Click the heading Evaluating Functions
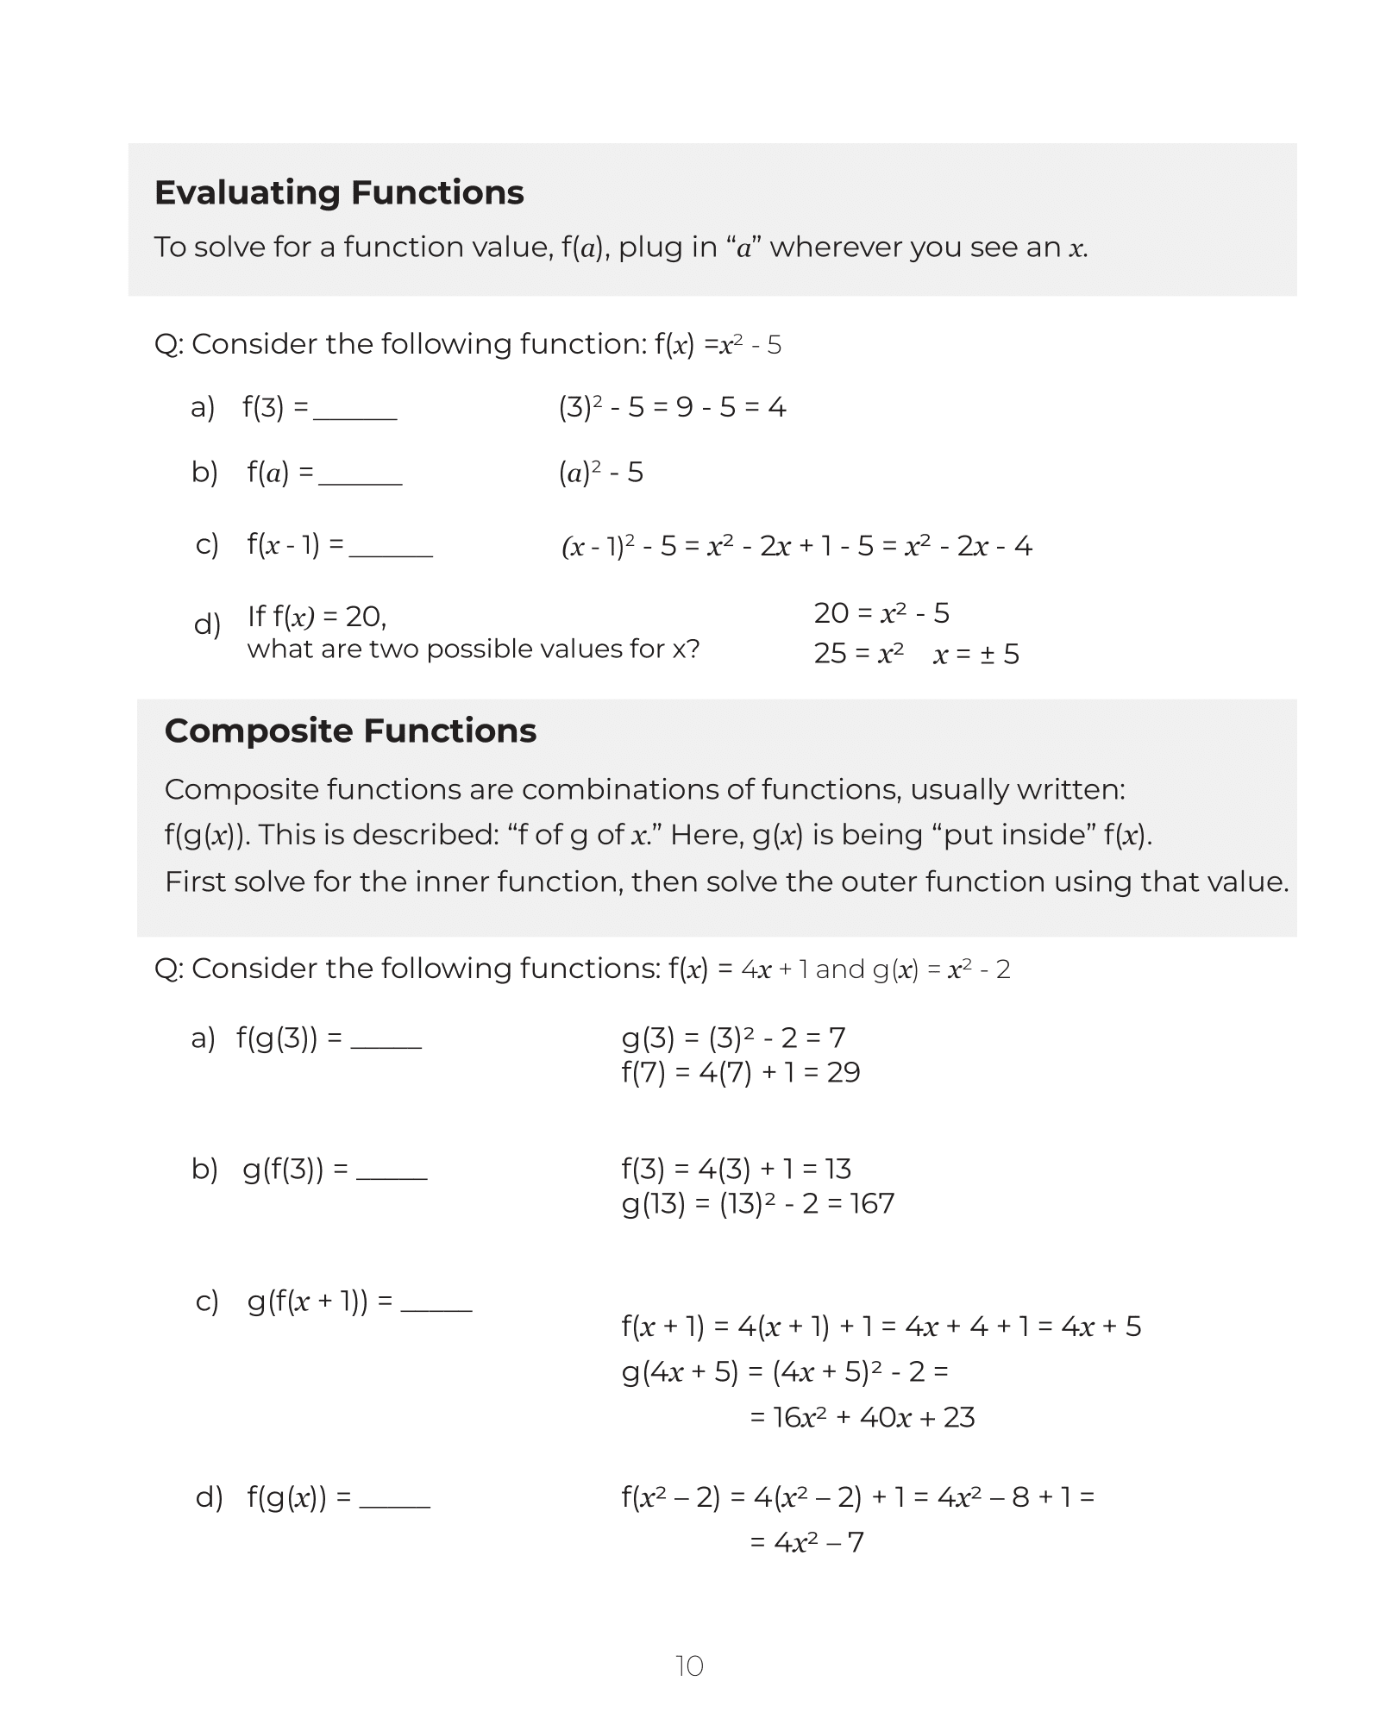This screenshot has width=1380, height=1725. point(339,192)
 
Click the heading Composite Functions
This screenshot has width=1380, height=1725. point(350,731)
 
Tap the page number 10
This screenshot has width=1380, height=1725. point(689,1666)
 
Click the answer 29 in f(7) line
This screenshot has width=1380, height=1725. point(843,1072)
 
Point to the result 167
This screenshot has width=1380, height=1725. point(871,1203)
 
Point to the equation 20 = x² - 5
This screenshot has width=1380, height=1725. point(881,613)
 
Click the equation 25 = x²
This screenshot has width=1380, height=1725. point(858,655)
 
